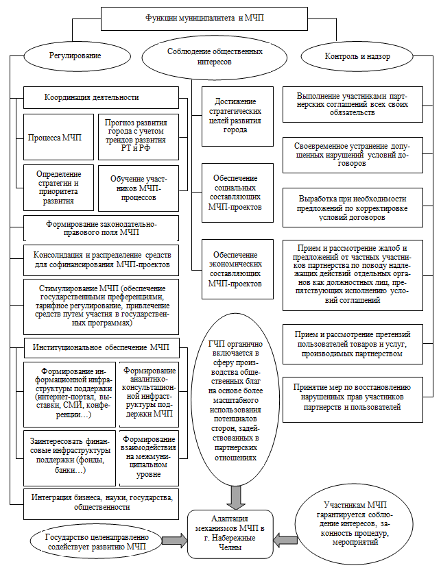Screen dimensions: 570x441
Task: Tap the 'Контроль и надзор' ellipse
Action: point(358,55)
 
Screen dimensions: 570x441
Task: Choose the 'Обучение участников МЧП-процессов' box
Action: point(138,187)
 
